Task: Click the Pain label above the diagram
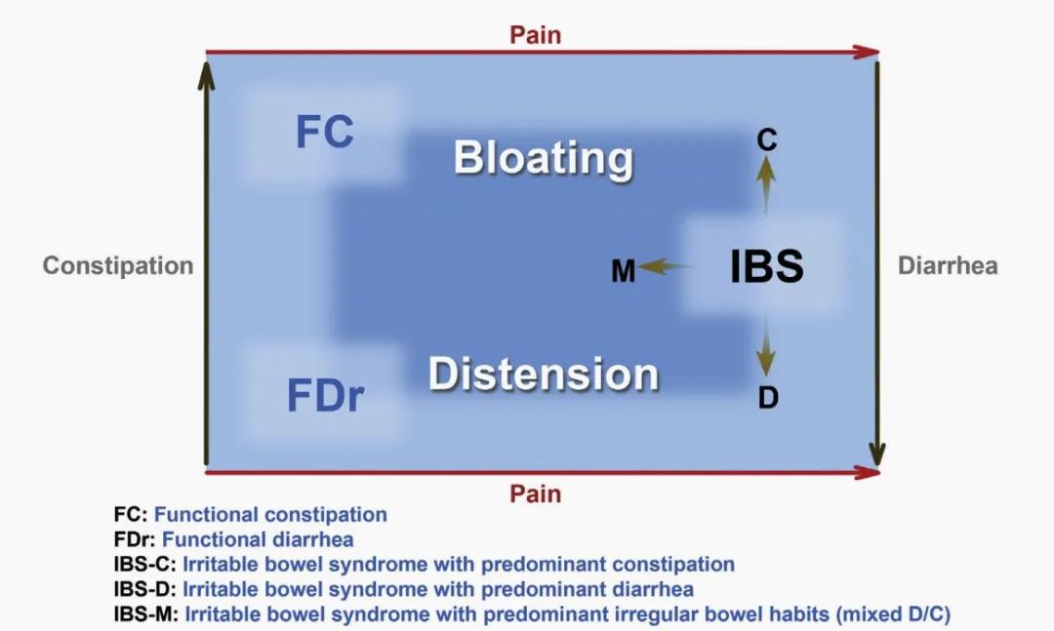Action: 535,35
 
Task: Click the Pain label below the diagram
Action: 535,493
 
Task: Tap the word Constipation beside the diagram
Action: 118,266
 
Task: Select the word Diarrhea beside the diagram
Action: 948,265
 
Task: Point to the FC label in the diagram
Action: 325,132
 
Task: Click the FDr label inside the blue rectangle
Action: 325,395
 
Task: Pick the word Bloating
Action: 544,159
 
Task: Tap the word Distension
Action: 544,374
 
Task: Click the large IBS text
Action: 767,266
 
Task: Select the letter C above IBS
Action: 767,139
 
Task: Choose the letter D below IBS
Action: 768,398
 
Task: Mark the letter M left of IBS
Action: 623,271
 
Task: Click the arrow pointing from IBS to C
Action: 766,186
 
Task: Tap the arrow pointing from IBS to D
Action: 766,346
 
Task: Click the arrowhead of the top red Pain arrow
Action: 868,52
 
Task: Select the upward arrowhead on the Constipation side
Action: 206,75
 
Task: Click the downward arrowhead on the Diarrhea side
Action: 876,454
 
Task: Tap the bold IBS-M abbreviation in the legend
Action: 145,614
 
